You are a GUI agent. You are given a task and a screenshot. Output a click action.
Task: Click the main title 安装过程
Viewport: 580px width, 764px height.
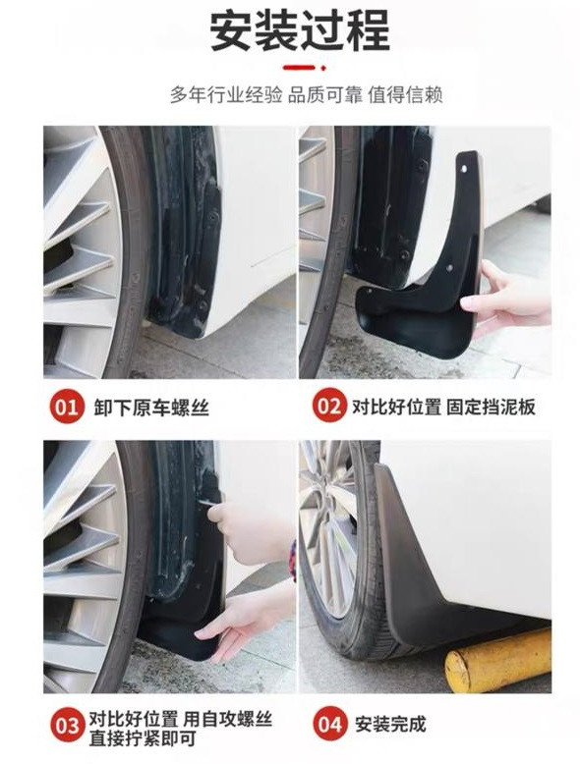[x=300, y=30]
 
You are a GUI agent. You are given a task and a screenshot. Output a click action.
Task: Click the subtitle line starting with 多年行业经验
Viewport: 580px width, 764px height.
[x=307, y=94]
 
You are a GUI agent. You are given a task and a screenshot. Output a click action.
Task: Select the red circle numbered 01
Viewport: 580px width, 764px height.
[x=66, y=406]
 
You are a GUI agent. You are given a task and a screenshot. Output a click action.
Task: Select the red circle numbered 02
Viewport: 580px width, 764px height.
[x=329, y=405]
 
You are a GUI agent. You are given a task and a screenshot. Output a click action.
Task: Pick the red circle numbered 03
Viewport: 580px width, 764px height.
[x=66, y=725]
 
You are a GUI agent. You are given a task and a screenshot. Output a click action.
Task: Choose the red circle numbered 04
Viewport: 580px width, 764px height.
[x=329, y=724]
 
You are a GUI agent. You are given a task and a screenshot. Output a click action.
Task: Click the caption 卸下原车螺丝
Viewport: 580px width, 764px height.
[x=151, y=407]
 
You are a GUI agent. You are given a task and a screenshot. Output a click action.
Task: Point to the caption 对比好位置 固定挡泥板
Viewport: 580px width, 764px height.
[x=444, y=406]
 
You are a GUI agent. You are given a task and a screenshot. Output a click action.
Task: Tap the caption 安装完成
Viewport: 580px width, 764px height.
[x=390, y=724]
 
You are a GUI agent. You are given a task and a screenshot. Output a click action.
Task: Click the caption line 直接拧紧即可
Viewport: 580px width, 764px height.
[x=143, y=738]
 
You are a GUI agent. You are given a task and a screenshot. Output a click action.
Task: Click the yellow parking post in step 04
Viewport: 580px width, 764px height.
[x=498, y=660]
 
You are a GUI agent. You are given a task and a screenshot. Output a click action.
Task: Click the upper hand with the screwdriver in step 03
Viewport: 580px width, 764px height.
[x=249, y=531]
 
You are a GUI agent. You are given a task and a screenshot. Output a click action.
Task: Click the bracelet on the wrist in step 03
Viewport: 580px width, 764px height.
[x=293, y=561]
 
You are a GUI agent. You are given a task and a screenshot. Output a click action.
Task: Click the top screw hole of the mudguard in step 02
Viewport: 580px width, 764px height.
[x=464, y=169]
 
